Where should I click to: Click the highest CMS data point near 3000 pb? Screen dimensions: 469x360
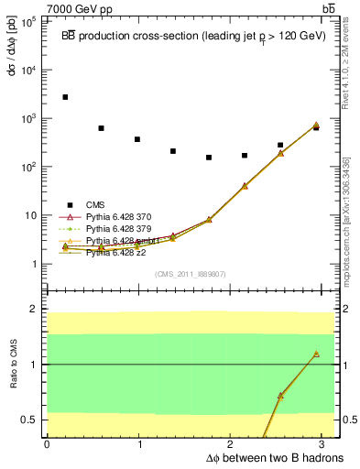click(x=65, y=97)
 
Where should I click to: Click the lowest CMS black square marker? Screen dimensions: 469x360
click(x=209, y=158)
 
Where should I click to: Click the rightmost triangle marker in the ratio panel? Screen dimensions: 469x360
click(x=315, y=354)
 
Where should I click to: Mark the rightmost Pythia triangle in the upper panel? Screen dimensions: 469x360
click(x=315, y=125)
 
